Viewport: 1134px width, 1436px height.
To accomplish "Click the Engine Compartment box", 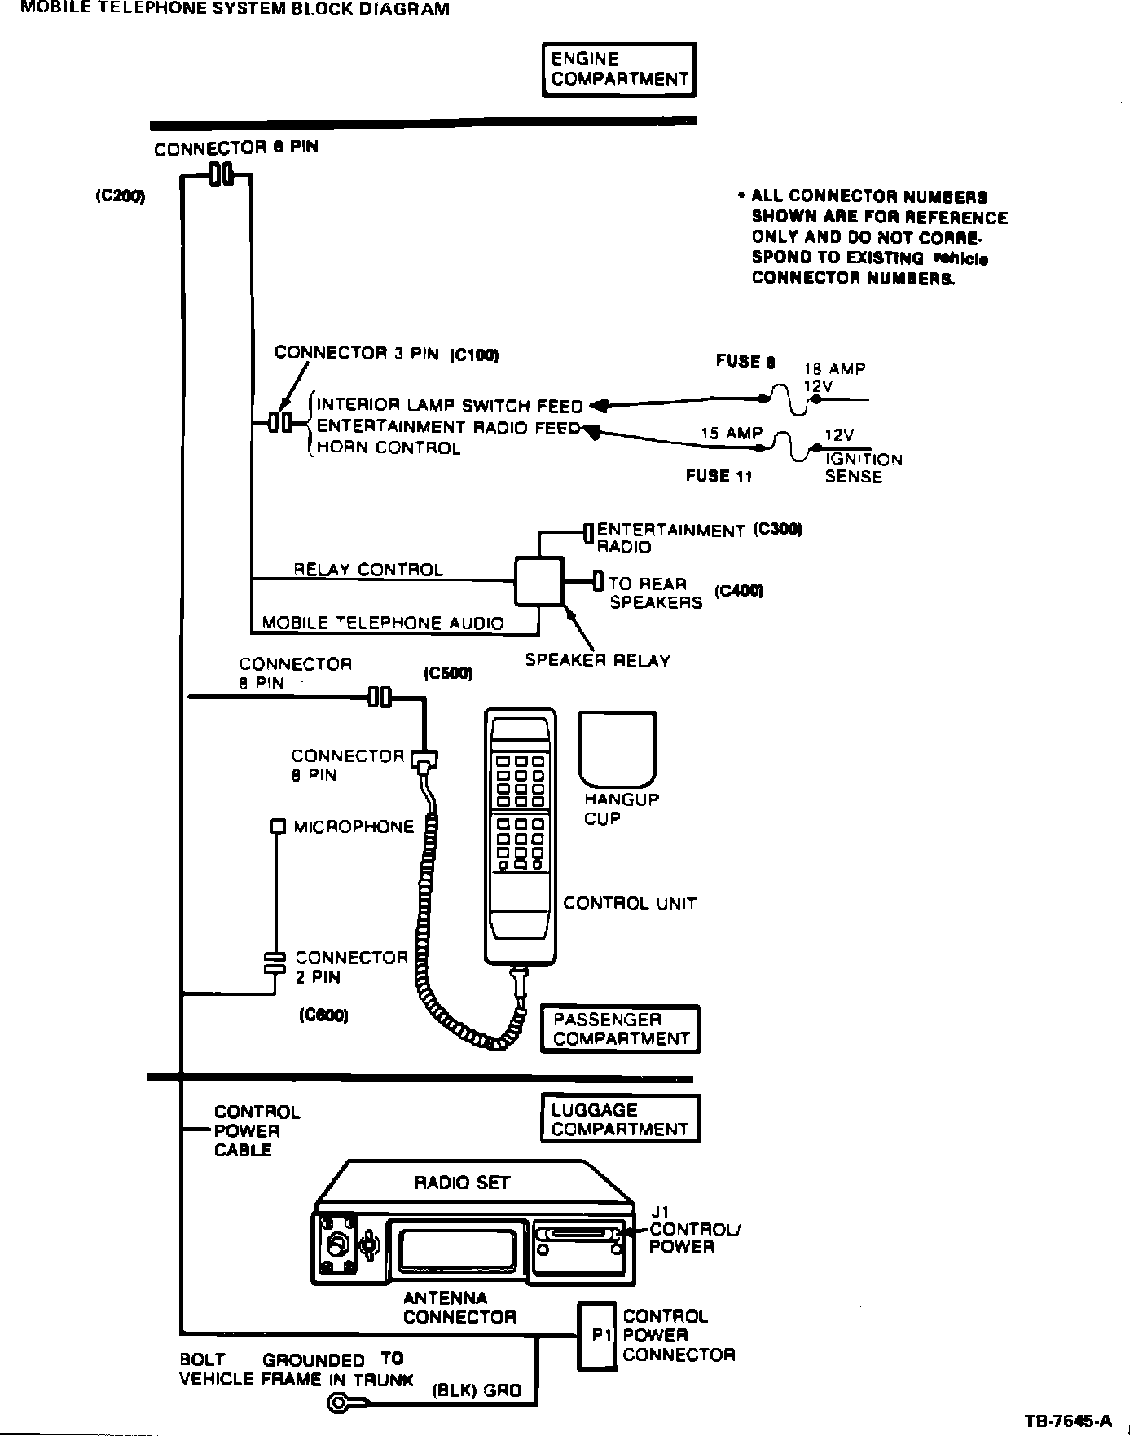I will tap(619, 70).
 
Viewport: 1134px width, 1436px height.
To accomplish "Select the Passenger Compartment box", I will tap(620, 1029).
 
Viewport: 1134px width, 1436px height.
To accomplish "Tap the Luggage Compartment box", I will tap(620, 1120).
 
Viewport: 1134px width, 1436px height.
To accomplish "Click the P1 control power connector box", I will tap(598, 1336).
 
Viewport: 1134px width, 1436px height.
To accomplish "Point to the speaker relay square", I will tap(538, 581).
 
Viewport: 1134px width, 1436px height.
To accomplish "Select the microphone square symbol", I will tap(278, 826).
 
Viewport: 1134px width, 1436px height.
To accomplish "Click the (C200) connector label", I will tap(120, 196).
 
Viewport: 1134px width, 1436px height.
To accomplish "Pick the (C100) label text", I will tap(474, 354).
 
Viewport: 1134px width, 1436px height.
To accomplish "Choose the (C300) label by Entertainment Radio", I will tap(778, 529).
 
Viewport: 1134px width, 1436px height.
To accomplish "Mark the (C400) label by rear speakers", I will tap(739, 591).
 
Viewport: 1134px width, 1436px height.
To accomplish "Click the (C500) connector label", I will tap(447, 673).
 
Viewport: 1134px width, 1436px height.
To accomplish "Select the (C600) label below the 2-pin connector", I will tap(323, 1015).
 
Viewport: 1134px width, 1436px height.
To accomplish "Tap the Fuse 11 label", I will tap(719, 476).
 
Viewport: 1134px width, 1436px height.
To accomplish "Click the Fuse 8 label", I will tap(745, 361).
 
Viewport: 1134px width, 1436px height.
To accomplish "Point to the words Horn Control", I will tap(388, 448).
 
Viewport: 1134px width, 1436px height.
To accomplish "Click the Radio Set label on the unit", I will tap(462, 1183).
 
